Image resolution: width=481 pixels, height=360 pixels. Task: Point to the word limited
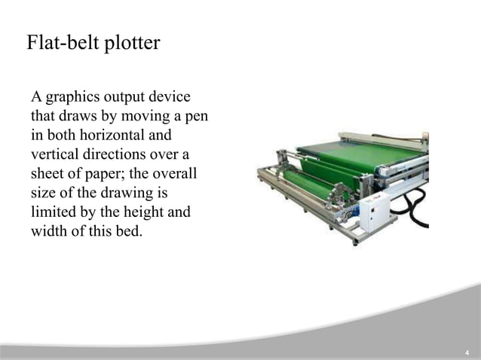[54, 212]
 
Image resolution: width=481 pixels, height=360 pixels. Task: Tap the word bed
[127, 230]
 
